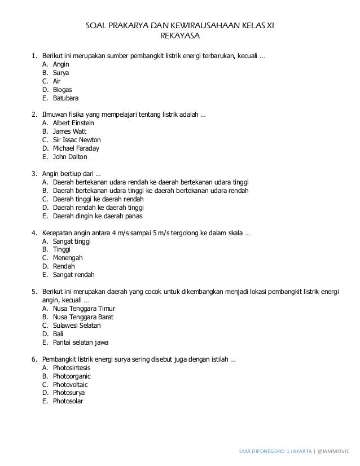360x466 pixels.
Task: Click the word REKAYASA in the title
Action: click(181, 37)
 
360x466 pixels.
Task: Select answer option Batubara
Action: click(65, 98)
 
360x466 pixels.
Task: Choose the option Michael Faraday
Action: click(76, 148)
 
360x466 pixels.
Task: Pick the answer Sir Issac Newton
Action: click(76, 139)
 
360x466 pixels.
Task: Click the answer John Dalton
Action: click(69, 156)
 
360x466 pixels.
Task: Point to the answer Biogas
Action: click(62, 89)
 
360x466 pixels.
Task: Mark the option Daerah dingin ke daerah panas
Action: click(98, 216)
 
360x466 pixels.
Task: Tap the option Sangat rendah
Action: click(73, 275)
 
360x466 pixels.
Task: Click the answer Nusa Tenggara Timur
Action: click(84, 309)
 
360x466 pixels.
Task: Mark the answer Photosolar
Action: click(68, 401)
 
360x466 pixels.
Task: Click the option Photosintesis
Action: click(71, 367)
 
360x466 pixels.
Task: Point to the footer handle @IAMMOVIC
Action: click(334, 452)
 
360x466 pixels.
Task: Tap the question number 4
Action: click(34, 232)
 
